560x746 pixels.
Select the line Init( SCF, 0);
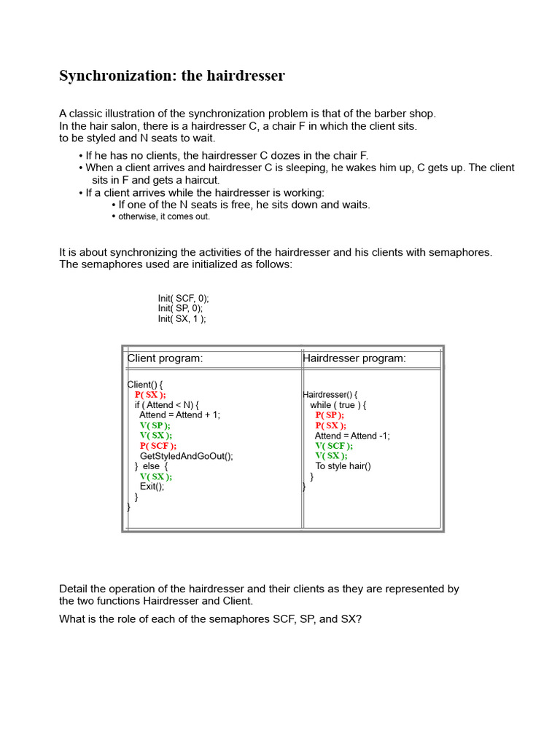click(183, 299)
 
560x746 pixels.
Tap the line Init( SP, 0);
click(180, 309)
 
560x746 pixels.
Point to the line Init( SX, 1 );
click(182, 319)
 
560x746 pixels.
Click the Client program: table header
click(166, 358)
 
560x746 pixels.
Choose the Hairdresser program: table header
click(354, 358)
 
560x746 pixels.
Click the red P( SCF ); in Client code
click(158, 446)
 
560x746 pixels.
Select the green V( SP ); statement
click(155, 425)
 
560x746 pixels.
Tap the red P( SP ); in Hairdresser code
click(330, 415)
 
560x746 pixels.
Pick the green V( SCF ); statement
click(334, 446)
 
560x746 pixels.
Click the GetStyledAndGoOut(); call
click(186, 456)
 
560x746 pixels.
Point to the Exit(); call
click(152, 487)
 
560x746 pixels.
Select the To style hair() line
click(343, 466)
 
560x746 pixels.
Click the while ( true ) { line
click(338, 405)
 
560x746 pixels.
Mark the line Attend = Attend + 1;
click(179, 415)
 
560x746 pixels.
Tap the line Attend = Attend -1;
click(352, 436)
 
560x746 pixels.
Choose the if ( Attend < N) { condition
click(166, 405)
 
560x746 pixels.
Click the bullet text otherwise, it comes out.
click(164, 217)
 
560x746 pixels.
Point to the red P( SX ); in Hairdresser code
click(331, 425)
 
